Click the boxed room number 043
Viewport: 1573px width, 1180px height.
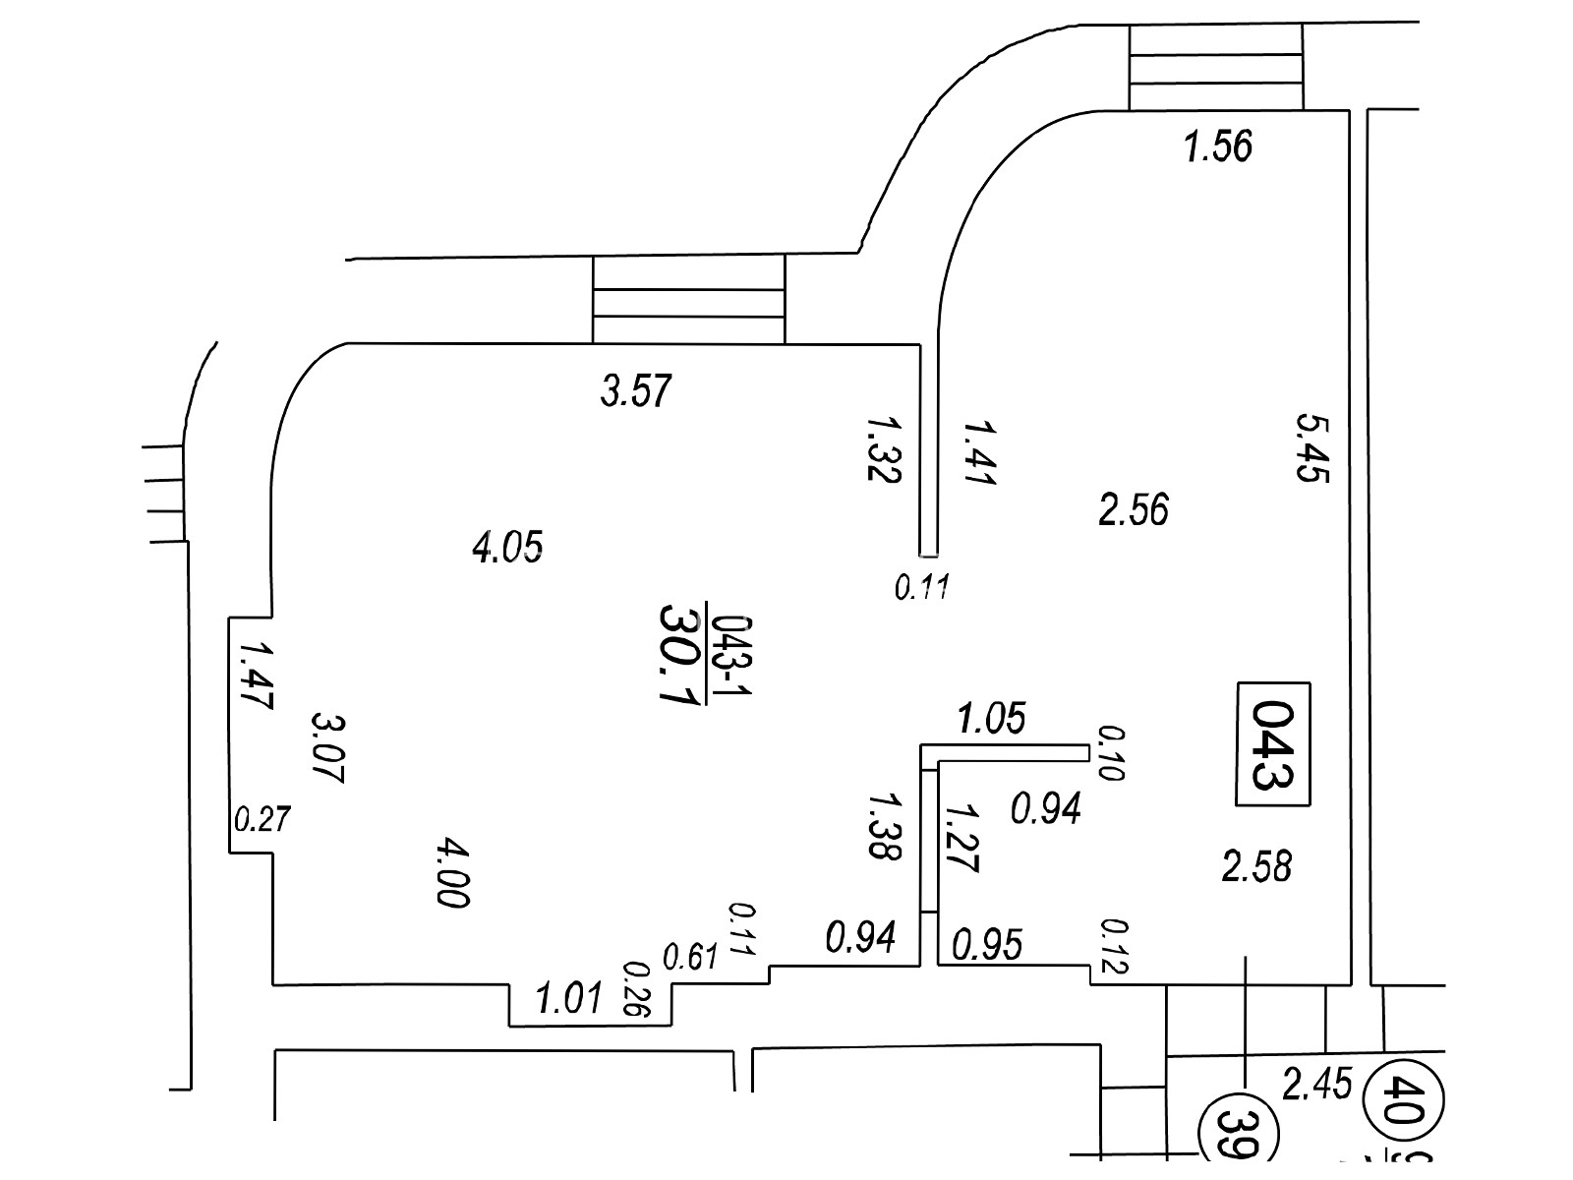(x=1274, y=743)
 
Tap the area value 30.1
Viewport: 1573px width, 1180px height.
(x=677, y=654)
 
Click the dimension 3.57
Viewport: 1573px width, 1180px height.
(x=636, y=391)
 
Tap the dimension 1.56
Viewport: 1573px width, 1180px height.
(x=1218, y=147)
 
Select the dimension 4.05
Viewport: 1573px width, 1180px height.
(x=507, y=546)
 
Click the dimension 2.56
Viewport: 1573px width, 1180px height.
(x=1134, y=510)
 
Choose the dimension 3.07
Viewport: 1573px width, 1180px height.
(x=325, y=746)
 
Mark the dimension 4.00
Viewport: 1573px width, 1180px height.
(x=451, y=872)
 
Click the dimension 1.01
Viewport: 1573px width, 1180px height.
(x=568, y=1000)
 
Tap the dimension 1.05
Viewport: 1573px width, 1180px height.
(x=991, y=719)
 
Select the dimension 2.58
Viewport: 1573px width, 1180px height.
(x=1256, y=867)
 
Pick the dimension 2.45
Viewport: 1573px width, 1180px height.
(x=1317, y=1085)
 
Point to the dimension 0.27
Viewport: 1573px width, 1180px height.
(x=262, y=818)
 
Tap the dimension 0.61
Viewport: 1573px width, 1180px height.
(x=691, y=956)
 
